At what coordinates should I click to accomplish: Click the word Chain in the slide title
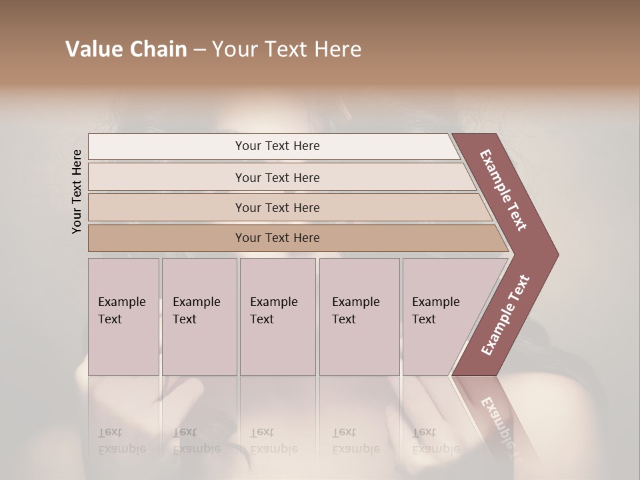(158, 49)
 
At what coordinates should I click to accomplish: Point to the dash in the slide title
(199, 50)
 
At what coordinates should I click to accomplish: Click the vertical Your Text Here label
(77, 191)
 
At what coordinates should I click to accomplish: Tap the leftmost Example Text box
(123, 317)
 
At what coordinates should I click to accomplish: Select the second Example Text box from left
(199, 317)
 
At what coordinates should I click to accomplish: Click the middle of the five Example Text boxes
(277, 317)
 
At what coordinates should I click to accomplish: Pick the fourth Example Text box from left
(359, 317)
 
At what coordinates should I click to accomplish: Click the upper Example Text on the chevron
(504, 190)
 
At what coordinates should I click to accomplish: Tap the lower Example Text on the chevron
(505, 315)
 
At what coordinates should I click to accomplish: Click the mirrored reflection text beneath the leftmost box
(122, 440)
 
